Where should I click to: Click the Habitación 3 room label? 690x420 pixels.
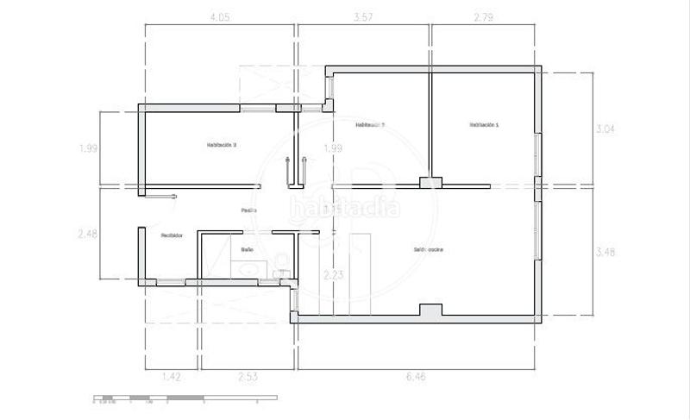222,145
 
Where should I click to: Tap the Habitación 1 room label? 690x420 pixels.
484,125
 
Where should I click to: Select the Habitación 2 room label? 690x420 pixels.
369,125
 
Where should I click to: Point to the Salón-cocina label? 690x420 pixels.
429,249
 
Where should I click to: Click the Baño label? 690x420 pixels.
247,249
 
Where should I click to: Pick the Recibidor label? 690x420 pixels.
171,235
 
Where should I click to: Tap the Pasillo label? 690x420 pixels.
248,210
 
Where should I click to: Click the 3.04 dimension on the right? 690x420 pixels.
606,129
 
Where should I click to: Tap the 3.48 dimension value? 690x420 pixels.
606,252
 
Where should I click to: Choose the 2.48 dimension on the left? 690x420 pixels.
88,234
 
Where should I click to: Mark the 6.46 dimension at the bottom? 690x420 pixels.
418,377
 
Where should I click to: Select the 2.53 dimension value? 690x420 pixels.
248,377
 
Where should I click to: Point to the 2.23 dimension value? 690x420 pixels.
333,275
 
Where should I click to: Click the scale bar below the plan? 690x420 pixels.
185,398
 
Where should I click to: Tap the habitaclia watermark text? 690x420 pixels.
345,209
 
